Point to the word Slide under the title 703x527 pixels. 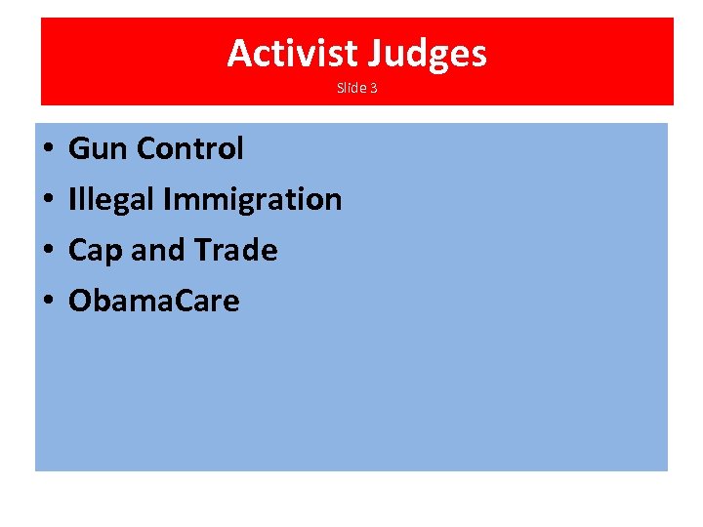pos(350,88)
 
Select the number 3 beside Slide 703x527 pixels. pos(373,88)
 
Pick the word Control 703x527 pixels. pos(190,149)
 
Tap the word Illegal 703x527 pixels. pos(111,200)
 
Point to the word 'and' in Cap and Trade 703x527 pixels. pos(156,251)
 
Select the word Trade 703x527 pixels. pos(234,251)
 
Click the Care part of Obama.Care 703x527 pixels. pos(206,302)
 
